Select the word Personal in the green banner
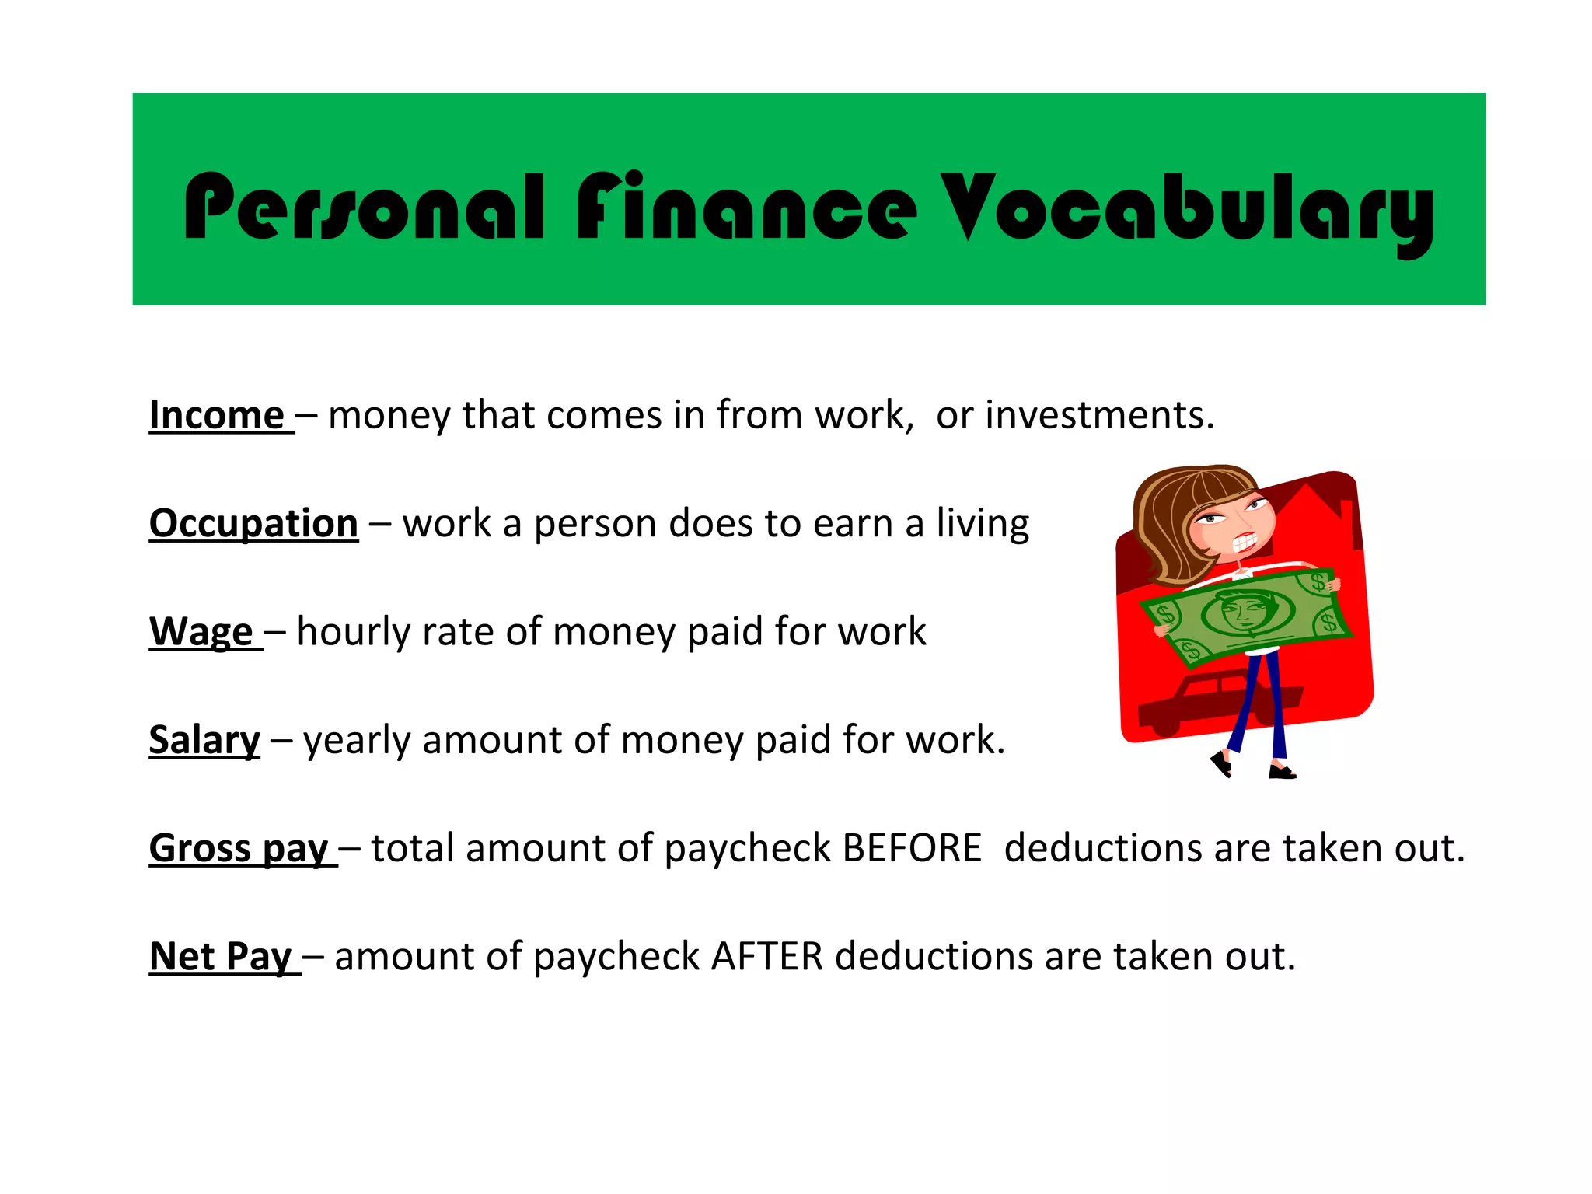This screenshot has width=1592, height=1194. pos(364,207)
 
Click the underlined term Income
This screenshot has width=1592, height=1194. pos(217,415)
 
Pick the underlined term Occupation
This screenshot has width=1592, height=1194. pos(253,523)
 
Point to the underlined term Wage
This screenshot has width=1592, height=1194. pos(201,631)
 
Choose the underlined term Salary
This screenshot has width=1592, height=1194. pos(204,739)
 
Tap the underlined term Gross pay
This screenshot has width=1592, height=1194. pos(239,848)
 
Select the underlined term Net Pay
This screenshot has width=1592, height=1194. pos(221,956)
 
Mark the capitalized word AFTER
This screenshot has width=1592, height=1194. pos(766,956)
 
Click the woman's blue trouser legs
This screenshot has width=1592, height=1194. pos(1263,700)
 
